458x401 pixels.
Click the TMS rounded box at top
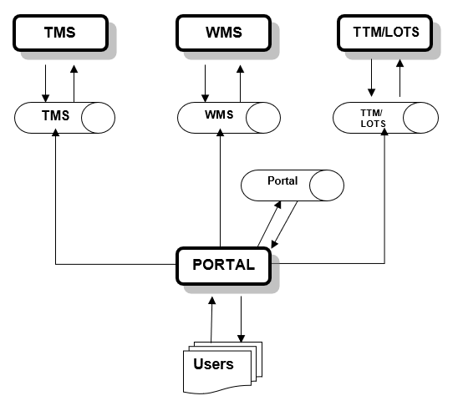pyautogui.click(x=60, y=33)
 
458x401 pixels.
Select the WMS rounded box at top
pyautogui.click(x=223, y=33)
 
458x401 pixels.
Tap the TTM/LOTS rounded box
pyautogui.click(x=385, y=33)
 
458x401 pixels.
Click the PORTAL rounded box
pyautogui.click(x=223, y=266)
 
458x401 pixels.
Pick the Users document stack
pyautogui.click(x=222, y=368)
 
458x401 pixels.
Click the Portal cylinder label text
pyautogui.click(x=282, y=180)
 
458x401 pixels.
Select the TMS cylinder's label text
pyautogui.click(x=55, y=115)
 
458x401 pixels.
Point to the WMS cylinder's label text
pyautogui.click(x=219, y=114)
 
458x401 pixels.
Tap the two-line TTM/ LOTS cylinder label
pyautogui.click(x=373, y=119)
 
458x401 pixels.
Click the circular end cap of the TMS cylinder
pyautogui.click(x=98, y=118)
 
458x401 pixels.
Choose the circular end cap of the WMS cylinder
pyautogui.click(x=263, y=118)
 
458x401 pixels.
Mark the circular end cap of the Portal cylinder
pyautogui.click(x=327, y=185)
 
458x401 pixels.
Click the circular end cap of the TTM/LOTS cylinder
pyautogui.click(x=420, y=118)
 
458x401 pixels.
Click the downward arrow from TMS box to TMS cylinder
pyautogui.click(x=46, y=84)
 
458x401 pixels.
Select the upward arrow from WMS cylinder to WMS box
pyautogui.click(x=240, y=84)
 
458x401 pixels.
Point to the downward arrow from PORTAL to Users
pyautogui.click(x=241, y=319)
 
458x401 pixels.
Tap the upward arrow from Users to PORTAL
pyautogui.click(x=211, y=319)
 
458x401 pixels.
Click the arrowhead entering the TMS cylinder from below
pyautogui.click(x=55, y=132)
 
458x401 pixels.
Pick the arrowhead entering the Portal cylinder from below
pyautogui.click(x=278, y=205)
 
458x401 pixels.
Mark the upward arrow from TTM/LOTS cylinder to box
pyautogui.click(x=399, y=78)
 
